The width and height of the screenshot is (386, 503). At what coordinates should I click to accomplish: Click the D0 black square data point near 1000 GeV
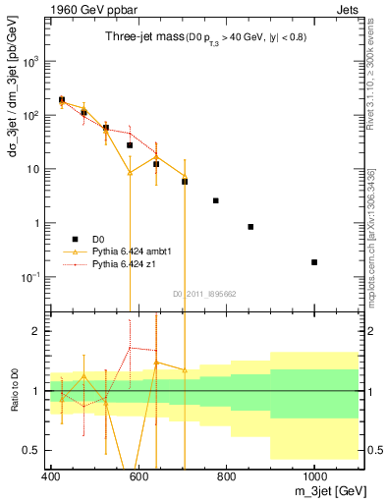pos(314,262)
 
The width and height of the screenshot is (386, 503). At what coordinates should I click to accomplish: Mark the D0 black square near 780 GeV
pos(216,200)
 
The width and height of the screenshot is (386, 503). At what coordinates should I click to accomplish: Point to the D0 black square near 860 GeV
pos(251,227)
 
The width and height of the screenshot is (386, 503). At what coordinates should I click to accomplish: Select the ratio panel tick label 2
pos(40,331)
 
